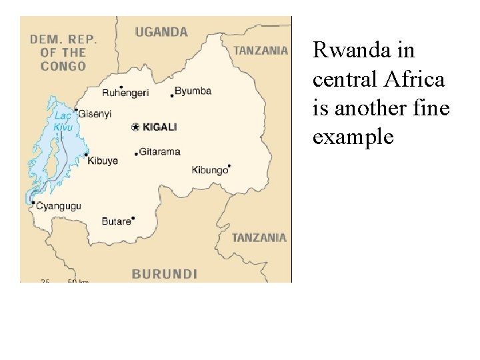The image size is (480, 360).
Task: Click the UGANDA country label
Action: tap(161, 31)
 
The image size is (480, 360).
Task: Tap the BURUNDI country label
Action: tap(164, 273)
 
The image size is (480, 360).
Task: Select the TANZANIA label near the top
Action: tap(261, 50)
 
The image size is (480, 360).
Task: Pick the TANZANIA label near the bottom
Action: tap(259, 237)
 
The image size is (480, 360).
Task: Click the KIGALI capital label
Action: tap(160, 127)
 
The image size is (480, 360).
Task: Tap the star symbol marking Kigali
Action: tap(135, 127)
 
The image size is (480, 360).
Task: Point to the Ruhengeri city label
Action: tap(125, 93)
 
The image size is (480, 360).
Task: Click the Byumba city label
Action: tap(193, 91)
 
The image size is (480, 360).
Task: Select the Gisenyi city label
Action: tap(95, 114)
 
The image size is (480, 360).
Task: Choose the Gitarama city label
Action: tap(160, 151)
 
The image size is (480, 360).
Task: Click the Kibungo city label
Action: tap(209, 170)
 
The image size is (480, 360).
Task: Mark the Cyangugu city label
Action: tap(58, 206)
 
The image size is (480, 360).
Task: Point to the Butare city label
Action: tap(116, 221)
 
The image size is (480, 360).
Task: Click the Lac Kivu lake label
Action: tap(63, 121)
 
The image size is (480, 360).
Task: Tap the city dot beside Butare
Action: tap(133, 217)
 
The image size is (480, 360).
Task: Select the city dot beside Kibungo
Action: tap(229, 165)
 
